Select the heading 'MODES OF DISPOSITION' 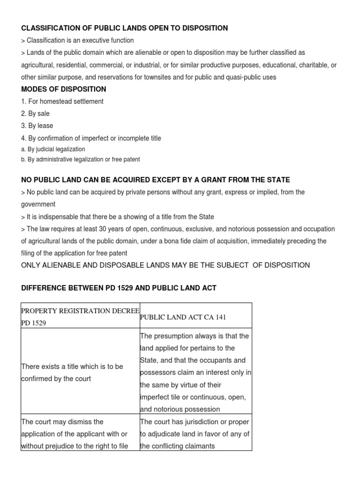click(64, 89)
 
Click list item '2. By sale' click(35, 113)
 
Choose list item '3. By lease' click(37, 126)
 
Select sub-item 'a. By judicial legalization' click(53, 149)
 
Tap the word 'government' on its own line click(38, 204)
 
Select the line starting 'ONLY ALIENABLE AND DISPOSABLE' click(165, 265)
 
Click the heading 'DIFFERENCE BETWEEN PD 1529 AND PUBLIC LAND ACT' click(119, 288)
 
